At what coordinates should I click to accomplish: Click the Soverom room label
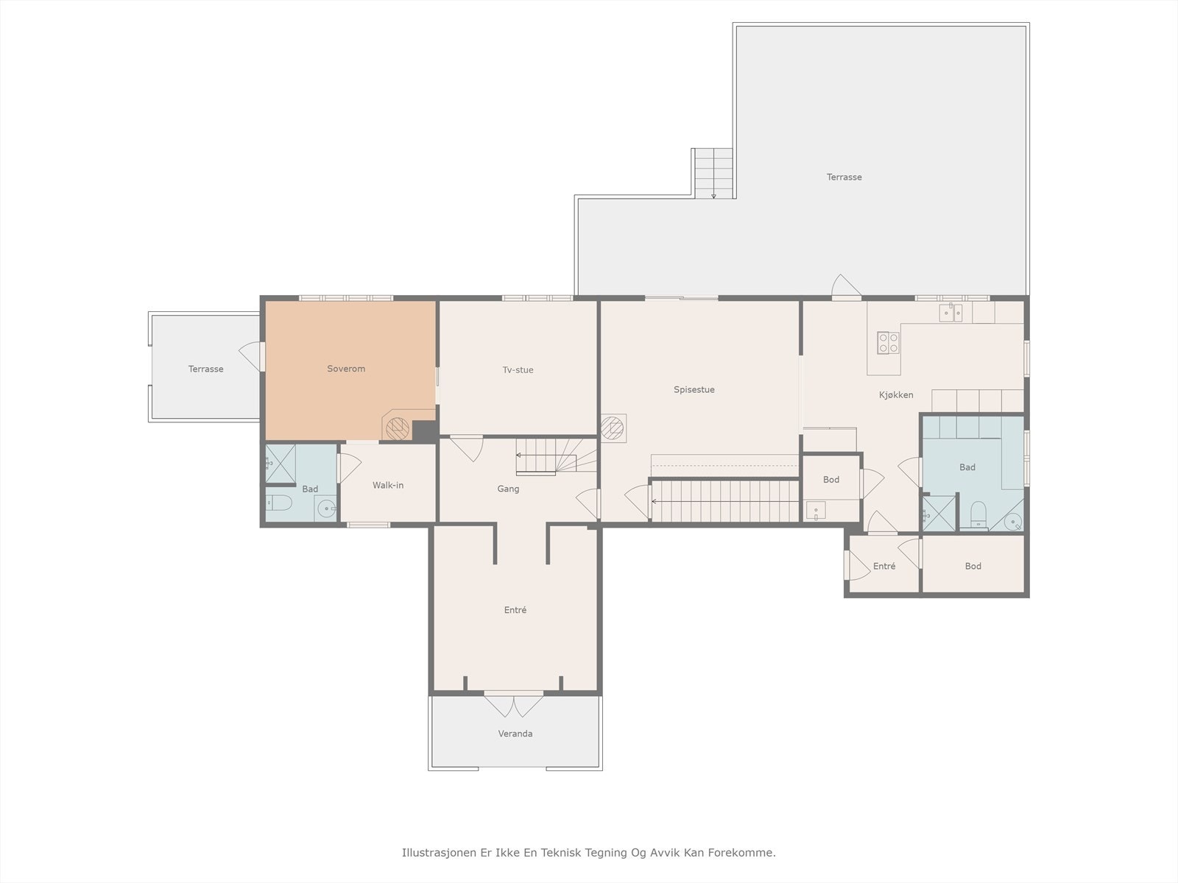point(346,369)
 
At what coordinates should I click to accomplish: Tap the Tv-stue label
point(518,370)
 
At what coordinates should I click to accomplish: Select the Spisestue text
point(694,390)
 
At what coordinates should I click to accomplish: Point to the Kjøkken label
point(896,395)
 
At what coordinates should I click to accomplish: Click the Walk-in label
point(388,485)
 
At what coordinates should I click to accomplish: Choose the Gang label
point(508,489)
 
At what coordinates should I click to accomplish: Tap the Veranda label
point(515,734)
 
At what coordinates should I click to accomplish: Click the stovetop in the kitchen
point(888,343)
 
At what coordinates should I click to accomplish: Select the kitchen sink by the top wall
point(950,312)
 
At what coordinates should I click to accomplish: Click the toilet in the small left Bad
point(279,503)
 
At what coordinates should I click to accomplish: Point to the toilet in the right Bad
point(978,514)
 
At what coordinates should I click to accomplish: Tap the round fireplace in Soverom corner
point(398,429)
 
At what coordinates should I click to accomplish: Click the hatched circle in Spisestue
point(613,428)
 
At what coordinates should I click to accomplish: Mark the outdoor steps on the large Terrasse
point(713,173)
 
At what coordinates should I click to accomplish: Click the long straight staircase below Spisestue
point(725,501)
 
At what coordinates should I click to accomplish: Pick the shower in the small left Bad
point(281,464)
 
